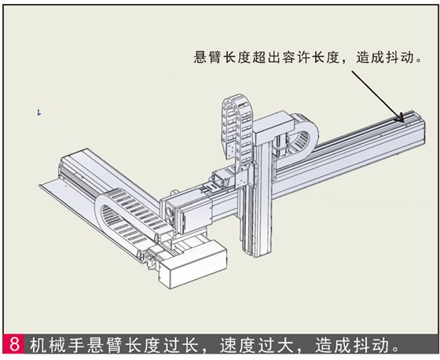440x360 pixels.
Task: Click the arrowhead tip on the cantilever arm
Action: [x=405, y=119]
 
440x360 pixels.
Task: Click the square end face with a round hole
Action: [x=170, y=211]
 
